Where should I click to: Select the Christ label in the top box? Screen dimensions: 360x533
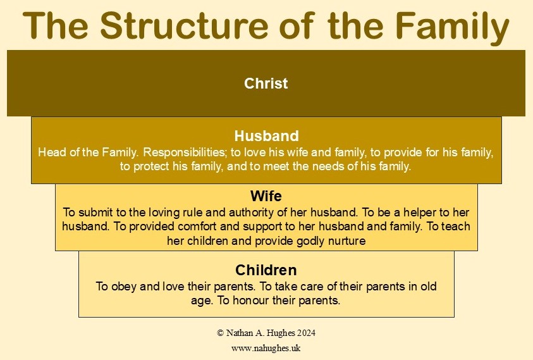(266, 83)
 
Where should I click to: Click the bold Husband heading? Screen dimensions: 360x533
(266, 136)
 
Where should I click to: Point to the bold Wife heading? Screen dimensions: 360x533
(266, 196)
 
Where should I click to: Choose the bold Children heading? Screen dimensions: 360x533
(266, 270)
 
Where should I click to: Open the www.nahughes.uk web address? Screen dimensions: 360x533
(266, 348)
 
